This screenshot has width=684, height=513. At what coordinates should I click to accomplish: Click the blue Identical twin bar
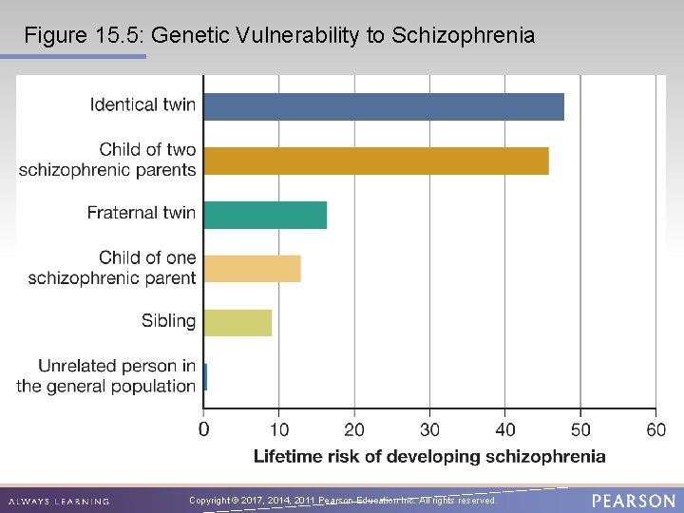(384, 106)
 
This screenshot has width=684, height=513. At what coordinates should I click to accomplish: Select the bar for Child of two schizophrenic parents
(376, 161)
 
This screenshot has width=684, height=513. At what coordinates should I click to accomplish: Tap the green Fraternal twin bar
(265, 215)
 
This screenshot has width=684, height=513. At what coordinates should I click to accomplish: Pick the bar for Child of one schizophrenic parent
(252, 269)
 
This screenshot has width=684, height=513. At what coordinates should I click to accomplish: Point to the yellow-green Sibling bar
(237, 323)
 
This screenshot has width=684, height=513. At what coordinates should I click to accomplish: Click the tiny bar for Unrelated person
(205, 377)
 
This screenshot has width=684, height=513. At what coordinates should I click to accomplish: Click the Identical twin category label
(142, 104)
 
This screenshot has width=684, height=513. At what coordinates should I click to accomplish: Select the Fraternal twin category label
(141, 213)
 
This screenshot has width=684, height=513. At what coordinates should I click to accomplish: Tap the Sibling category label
(168, 321)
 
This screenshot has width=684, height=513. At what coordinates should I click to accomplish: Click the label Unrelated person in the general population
(106, 376)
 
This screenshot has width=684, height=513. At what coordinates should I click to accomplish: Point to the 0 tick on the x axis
(203, 429)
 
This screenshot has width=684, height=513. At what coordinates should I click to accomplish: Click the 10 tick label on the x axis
(278, 429)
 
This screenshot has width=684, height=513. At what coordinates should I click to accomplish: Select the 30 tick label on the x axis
(429, 429)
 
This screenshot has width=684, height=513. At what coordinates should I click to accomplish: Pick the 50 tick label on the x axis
(580, 429)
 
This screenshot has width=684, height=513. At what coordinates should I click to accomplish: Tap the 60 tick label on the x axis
(655, 429)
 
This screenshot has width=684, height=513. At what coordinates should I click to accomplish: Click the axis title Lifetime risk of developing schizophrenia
(429, 457)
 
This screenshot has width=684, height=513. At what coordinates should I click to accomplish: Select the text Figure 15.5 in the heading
(83, 36)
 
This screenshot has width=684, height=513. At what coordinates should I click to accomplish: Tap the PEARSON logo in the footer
(633, 501)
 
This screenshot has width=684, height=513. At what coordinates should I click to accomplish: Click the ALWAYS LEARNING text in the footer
(59, 501)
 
